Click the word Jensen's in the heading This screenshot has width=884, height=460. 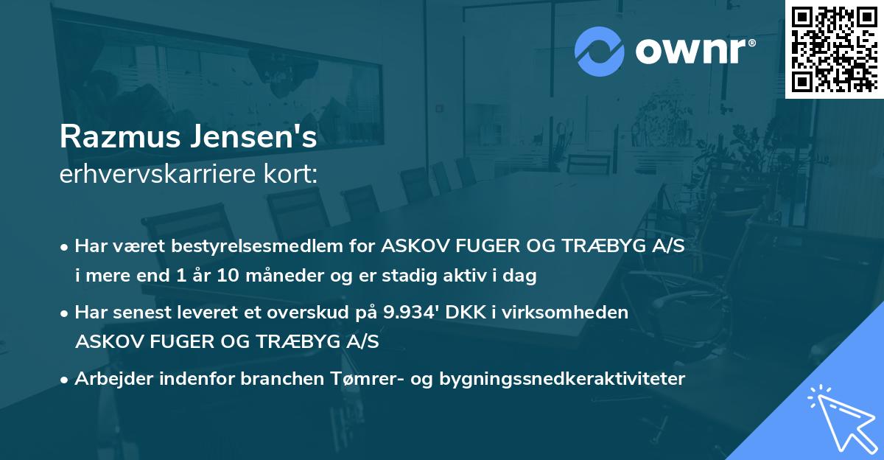point(254,137)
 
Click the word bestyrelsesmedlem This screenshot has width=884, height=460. point(241,246)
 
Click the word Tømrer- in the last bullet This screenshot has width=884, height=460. point(370,379)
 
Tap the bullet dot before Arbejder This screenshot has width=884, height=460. point(65,380)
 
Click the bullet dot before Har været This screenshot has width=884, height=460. point(65,247)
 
